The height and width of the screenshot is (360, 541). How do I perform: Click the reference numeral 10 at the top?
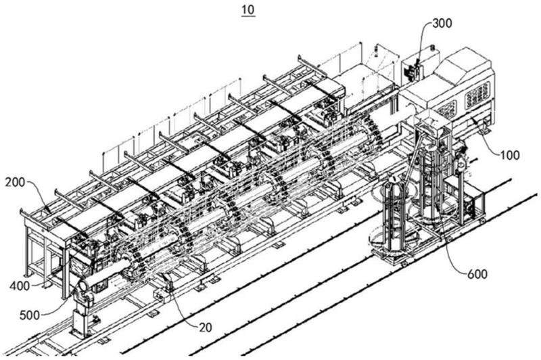pyautogui.click(x=248, y=10)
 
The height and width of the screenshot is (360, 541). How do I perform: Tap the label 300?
pyautogui.click(x=442, y=23)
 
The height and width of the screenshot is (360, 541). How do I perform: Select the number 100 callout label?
pyautogui.click(x=510, y=156)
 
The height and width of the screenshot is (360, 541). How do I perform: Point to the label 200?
pyautogui.click(x=15, y=182)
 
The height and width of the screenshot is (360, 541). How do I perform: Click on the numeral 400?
pyautogui.click(x=20, y=286)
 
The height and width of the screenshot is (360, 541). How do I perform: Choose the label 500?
pyautogui.click(x=30, y=315)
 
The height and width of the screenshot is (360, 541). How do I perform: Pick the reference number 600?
pyautogui.click(x=477, y=275)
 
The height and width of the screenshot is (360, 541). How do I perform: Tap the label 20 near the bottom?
pyautogui.click(x=206, y=328)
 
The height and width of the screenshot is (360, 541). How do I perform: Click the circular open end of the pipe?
pyautogui.click(x=83, y=286)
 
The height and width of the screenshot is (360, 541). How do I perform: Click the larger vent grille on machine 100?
pyautogui.click(x=477, y=94)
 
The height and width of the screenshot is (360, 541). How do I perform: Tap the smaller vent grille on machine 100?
pyautogui.click(x=448, y=108)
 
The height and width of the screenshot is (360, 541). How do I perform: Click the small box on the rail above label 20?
pyautogui.click(x=161, y=296)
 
